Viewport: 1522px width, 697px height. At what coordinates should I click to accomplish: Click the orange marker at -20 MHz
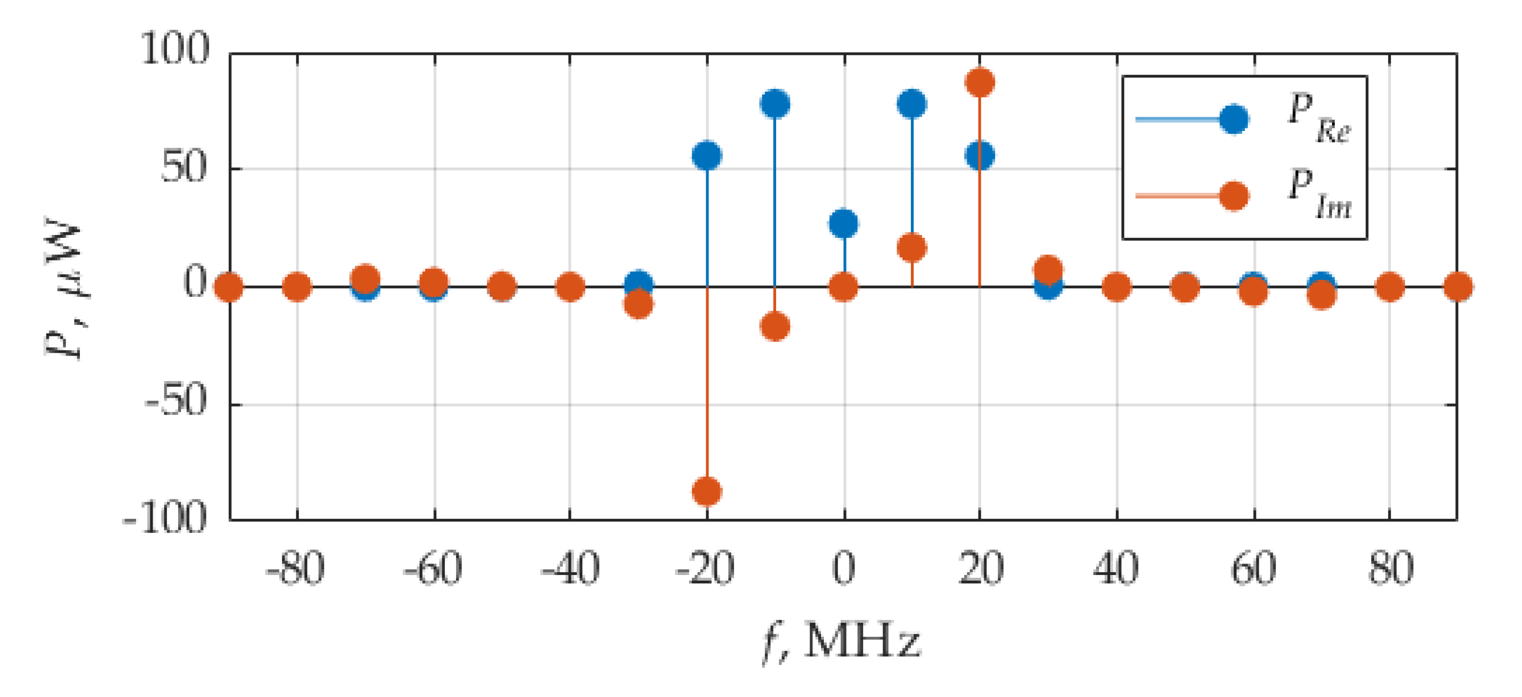[707, 491]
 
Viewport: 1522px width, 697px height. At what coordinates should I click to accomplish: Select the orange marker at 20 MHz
[979, 82]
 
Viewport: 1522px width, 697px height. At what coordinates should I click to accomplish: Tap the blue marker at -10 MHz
[775, 104]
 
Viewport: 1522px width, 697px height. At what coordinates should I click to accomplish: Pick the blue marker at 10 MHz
[912, 104]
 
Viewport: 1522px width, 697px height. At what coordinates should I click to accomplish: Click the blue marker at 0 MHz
[844, 224]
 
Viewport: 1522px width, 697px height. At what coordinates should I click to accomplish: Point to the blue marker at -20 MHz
[707, 156]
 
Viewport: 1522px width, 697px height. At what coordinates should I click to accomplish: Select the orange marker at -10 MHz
[775, 326]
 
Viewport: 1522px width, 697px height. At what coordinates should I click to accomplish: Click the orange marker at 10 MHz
[912, 248]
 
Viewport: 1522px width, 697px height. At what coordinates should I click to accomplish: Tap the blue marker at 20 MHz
[979, 156]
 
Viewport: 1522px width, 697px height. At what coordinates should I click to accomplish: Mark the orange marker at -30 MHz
[639, 304]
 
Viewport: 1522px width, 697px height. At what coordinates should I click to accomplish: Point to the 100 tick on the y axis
[175, 49]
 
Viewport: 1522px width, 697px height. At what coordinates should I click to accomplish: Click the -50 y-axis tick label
[176, 401]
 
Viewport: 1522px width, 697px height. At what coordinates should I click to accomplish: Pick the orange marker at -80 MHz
[297, 288]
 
